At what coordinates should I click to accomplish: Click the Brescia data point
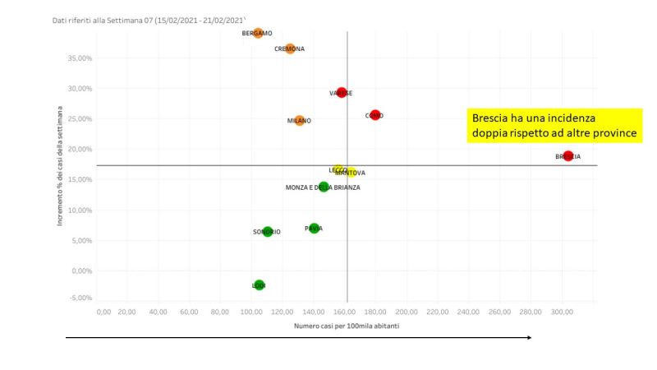point(568,155)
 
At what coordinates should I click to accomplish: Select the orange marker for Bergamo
point(258,33)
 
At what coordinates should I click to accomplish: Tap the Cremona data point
point(290,49)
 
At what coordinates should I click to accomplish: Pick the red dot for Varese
point(342,93)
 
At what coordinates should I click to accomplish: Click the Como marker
point(375,115)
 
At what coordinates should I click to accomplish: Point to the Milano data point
point(300,120)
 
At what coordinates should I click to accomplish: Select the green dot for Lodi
point(260,285)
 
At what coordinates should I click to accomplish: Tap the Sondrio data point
point(268,232)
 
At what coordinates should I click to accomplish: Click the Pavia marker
point(314,228)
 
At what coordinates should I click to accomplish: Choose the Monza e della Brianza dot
point(324,187)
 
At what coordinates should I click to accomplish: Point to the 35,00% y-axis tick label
point(80,58)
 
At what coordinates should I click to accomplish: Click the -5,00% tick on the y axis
point(80,298)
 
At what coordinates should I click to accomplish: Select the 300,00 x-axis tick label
point(562,312)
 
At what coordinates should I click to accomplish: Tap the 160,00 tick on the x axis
point(345,312)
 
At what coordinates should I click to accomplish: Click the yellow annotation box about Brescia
point(554,126)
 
